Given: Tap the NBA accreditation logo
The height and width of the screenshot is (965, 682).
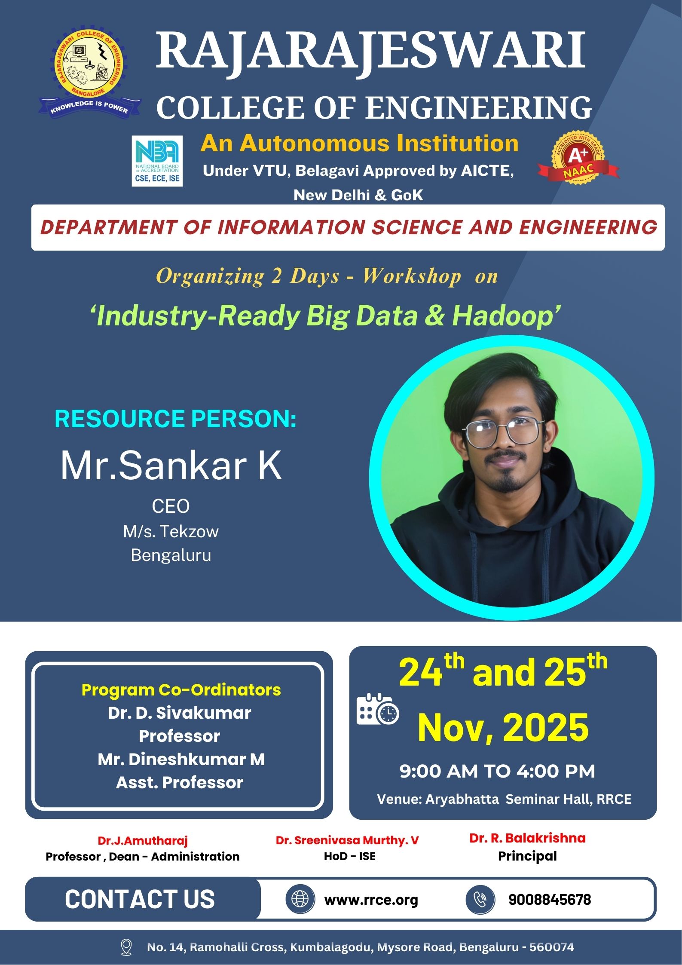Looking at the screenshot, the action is [157, 161].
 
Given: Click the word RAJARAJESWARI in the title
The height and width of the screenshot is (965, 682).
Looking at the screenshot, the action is [370, 51].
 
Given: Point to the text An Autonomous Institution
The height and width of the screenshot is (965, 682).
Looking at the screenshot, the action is [360, 143].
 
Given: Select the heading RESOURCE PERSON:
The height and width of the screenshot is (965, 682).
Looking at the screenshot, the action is [176, 419].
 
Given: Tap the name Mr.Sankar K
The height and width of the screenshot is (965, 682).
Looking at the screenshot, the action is [171, 466].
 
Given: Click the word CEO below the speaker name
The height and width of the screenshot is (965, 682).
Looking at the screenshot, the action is [171, 506].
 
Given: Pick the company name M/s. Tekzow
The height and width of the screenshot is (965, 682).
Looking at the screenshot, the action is [171, 532].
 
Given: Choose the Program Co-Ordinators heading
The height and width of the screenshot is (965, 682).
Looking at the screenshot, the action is [181, 690].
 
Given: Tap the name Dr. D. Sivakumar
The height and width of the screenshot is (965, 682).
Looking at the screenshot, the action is [179, 713].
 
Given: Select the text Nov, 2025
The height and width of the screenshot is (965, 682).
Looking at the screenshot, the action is [503, 728].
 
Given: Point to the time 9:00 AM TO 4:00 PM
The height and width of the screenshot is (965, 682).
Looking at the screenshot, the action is [497, 771].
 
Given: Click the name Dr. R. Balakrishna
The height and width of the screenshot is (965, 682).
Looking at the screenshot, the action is [527, 838].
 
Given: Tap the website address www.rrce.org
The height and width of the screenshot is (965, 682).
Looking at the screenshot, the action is [371, 899].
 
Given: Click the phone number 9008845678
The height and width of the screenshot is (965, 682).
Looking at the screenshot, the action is [550, 899].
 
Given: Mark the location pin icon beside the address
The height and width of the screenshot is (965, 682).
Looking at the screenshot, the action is [126, 947].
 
